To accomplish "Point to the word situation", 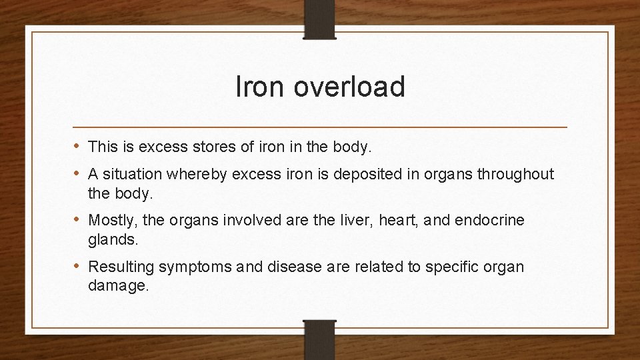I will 135,174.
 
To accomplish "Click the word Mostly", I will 110,220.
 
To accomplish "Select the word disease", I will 295,267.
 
